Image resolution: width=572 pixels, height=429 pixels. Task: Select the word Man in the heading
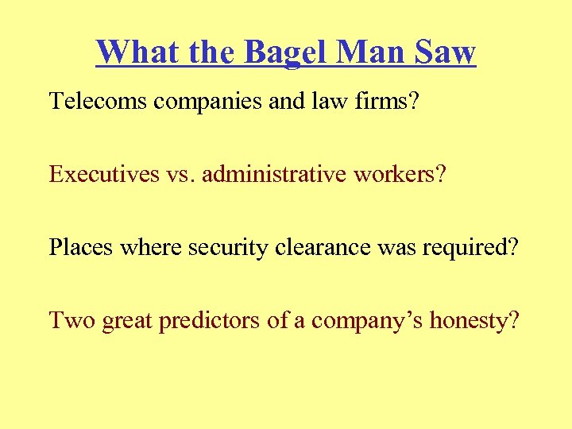tap(373, 52)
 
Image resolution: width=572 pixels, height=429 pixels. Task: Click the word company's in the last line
tap(368, 322)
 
